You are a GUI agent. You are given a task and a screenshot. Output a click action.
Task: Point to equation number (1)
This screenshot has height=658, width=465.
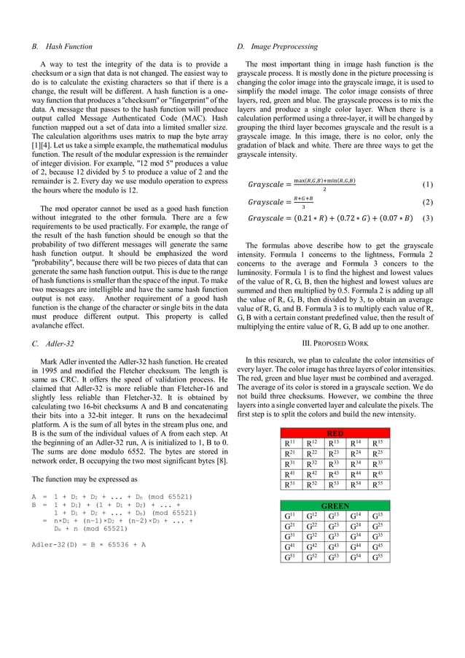tap(428, 185)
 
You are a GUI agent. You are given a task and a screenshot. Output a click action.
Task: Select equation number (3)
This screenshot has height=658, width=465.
tap(428, 217)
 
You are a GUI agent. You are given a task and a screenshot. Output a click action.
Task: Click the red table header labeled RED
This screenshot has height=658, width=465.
tap(335, 433)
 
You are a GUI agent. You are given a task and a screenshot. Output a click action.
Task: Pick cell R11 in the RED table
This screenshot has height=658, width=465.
tap(290, 443)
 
